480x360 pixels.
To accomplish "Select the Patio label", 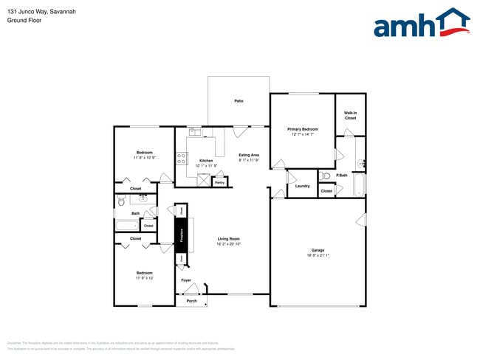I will tap(239, 100).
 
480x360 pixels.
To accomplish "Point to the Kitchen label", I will tap(206, 161).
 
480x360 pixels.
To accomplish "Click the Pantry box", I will tap(219, 181).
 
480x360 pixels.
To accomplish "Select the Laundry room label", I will tap(302, 186).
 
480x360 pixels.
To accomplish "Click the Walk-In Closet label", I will tap(350, 115).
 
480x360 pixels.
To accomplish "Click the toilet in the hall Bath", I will tap(121, 201).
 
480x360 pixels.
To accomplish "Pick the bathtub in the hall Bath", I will tap(133, 224).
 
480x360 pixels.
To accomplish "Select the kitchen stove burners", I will tap(182, 160).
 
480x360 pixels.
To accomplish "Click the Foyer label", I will tap(186, 280).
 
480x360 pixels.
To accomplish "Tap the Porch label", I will tap(191, 301).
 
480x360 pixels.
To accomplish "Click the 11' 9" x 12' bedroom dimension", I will tap(144, 278).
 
